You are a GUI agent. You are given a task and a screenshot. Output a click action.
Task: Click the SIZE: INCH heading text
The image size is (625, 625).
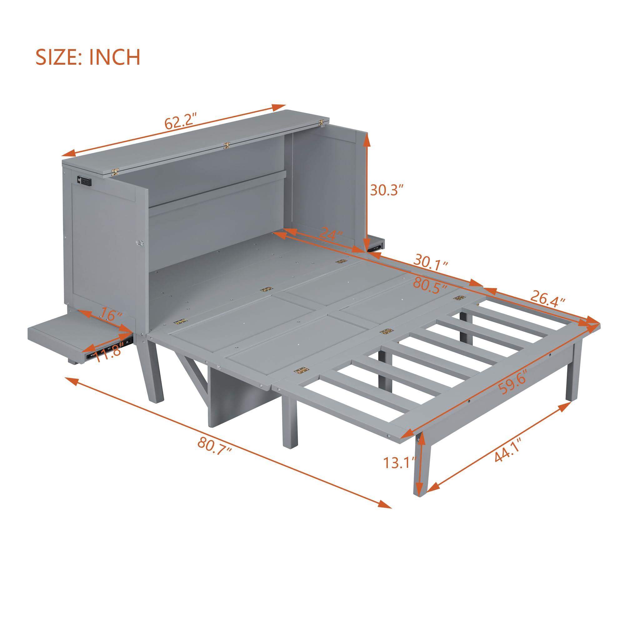point(88,57)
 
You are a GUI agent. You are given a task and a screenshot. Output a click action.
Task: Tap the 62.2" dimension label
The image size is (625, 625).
point(181,123)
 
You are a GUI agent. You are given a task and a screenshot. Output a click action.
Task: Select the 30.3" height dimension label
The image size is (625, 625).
point(387,191)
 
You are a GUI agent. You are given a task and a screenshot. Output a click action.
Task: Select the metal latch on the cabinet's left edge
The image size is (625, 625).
point(140,243)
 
